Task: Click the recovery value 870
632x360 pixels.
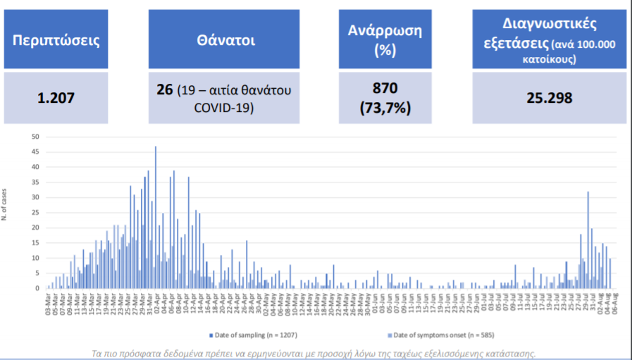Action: click(x=385, y=89)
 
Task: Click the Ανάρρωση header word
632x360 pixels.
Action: click(x=385, y=30)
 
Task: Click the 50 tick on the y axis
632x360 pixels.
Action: click(x=36, y=137)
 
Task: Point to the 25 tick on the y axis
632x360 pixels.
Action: click(x=36, y=213)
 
